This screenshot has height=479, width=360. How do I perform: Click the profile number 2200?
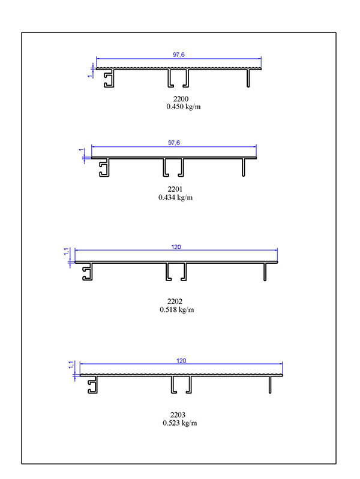tap(181, 99)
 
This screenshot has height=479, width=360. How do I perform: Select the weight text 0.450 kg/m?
tap(184, 107)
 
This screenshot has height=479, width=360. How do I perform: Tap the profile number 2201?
tap(175, 189)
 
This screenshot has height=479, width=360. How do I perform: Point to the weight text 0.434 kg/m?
tap(176, 197)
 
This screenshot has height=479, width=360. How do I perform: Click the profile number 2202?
tap(175, 301)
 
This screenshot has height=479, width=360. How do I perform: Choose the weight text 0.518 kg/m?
tap(177, 309)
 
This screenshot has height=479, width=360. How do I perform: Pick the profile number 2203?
tap(178, 414)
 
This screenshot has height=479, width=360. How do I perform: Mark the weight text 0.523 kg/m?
tap(180, 423)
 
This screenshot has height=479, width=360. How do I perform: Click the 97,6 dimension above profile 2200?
tap(179, 55)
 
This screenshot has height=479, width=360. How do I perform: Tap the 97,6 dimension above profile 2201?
tap(174, 143)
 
